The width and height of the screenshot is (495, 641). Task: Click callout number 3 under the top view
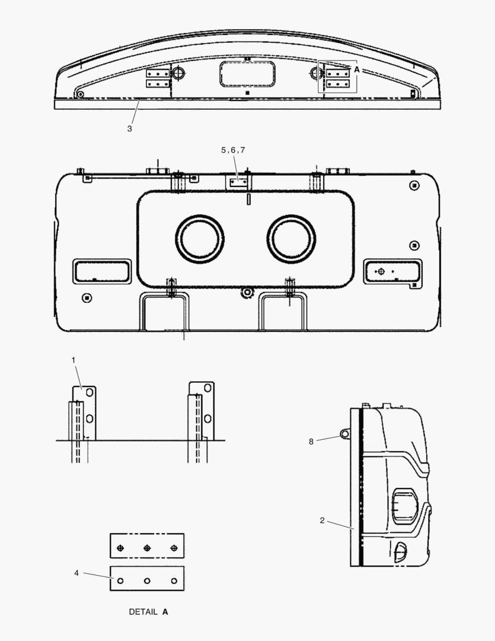pos(129,128)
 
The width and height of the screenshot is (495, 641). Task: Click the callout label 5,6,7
pos(233,151)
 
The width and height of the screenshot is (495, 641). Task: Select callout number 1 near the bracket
pos(74,360)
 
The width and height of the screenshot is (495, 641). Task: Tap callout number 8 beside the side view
pos(311,441)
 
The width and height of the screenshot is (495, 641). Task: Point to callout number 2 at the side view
pos(322,521)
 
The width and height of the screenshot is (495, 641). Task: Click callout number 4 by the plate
pos(76,573)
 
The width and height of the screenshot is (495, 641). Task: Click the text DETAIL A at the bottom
pos(148,611)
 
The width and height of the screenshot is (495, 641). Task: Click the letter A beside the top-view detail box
pos(357,69)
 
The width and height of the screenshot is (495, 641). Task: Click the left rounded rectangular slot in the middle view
pos(101,271)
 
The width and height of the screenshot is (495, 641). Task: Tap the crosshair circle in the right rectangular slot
pos(381,271)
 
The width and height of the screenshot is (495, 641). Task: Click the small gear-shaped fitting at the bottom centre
pos(247,292)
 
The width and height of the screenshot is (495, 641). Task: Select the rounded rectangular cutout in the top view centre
pos(247,75)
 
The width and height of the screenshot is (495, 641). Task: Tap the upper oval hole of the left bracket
pos(90,394)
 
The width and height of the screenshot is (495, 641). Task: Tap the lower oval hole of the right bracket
pos(207,418)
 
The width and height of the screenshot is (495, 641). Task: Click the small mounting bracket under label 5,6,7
pos(238,182)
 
